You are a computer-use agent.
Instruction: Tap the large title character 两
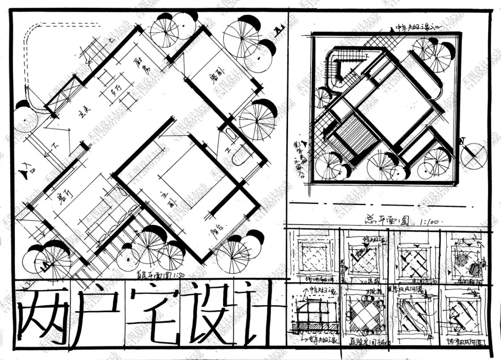(x=40, y=315)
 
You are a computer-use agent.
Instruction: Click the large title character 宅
(x=153, y=313)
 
